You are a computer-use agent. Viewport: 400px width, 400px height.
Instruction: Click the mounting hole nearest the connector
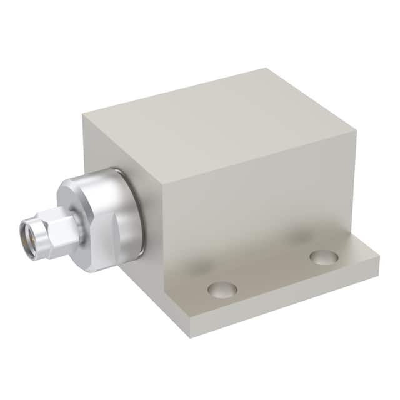pos(222,289)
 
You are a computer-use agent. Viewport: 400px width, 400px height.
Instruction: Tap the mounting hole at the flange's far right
pos(324,257)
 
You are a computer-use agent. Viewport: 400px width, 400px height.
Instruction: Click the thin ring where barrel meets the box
pos(139,212)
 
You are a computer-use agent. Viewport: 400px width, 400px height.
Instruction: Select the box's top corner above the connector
pos(83,116)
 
